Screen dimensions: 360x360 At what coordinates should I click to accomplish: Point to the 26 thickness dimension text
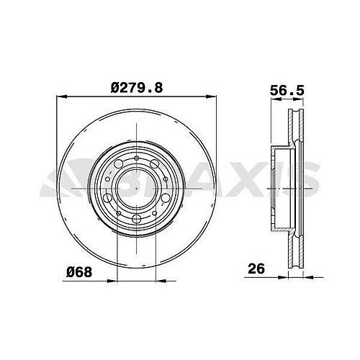(x=256, y=269)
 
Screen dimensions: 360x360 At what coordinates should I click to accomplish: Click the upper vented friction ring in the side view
(x=294, y=130)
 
